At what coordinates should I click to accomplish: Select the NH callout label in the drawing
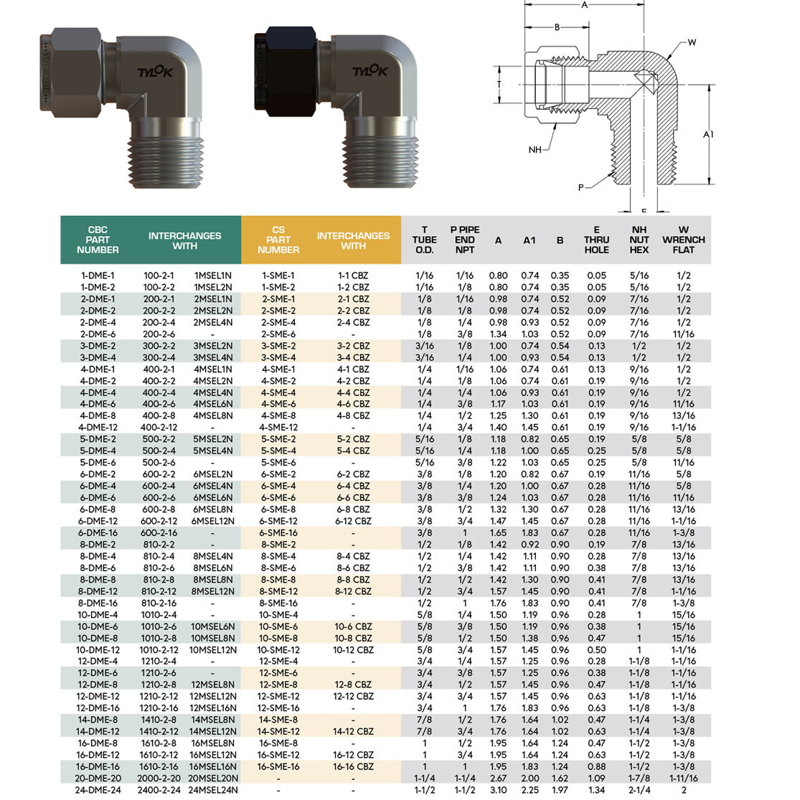[535, 150]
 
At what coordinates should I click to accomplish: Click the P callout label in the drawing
[581, 188]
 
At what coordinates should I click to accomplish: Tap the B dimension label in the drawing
[557, 27]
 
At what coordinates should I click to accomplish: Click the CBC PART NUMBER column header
[98, 240]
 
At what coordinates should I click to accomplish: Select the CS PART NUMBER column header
[278, 240]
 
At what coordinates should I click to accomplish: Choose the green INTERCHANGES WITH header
[184, 240]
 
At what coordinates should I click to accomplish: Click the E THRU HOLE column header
[596, 240]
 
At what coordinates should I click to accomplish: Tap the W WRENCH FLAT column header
[683, 240]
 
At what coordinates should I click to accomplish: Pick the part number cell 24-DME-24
[98, 790]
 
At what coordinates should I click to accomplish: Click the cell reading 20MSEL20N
[213, 778]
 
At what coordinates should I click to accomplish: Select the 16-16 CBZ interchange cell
[354, 766]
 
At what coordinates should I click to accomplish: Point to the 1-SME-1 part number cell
[278, 276]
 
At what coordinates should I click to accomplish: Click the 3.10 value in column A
[498, 790]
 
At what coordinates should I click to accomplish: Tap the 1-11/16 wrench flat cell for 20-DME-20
[683, 778]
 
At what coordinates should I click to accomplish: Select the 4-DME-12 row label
[98, 428]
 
